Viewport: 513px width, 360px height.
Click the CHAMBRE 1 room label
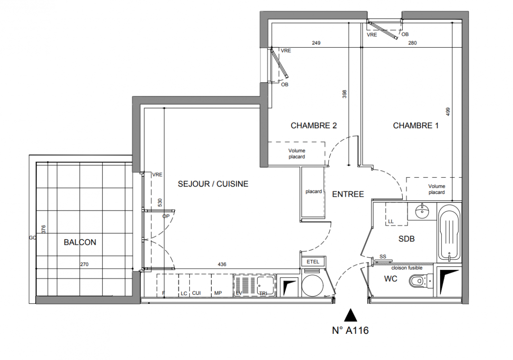coord(416,126)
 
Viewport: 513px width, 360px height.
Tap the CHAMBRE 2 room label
coord(313,126)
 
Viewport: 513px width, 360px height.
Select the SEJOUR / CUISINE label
coord(213,184)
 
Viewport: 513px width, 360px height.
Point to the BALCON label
coord(80,242)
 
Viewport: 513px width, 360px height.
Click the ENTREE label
coord(348,194)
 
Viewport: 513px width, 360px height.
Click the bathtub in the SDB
coord(449,233)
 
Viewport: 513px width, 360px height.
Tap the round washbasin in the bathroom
coord(423,211)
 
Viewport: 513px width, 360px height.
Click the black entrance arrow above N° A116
coord(350,315)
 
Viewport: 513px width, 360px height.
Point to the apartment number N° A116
coord(350,331)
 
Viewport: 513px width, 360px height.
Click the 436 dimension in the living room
coord(222,264)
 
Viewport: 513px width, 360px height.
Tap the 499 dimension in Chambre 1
coord(448,112)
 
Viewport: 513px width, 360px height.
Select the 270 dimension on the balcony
coord(84,264)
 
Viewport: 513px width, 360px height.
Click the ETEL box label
coord(313,261)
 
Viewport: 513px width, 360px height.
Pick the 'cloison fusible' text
coord(407,268)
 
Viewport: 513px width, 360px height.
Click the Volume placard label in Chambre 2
coord(297,154)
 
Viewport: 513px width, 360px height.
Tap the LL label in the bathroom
coord(390,222)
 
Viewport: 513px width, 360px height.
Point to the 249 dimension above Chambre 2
coord(316,43)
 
